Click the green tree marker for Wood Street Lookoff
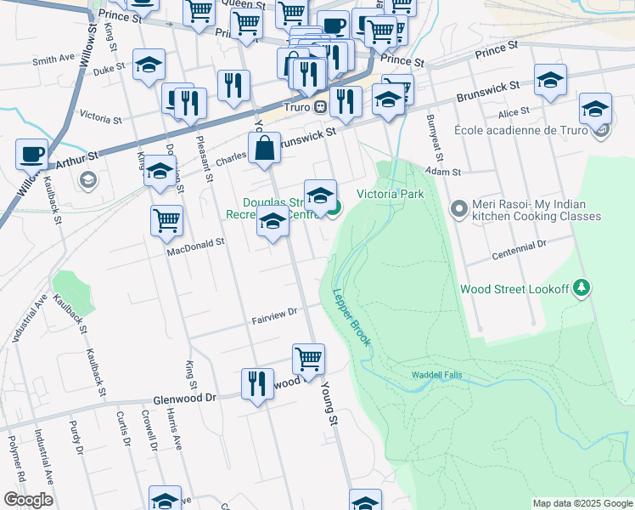(x=582, y=288)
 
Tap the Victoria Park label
(x=390, y=194)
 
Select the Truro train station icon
(x=320, y=107)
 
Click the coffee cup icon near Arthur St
(x=31, y=154)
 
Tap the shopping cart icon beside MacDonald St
(x=167, y=221)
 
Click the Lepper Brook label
(x=351, y=316)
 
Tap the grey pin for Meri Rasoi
(x=459, y=208)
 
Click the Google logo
(x=28, y=500)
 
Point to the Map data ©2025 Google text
(x=582, y=503)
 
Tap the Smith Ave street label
(x=53, y=59)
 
